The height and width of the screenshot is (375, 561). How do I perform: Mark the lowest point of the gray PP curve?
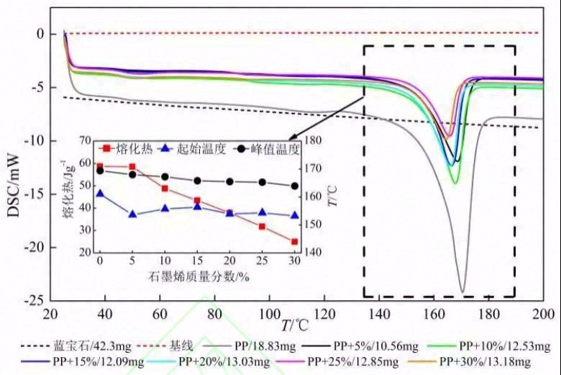pos(462,292)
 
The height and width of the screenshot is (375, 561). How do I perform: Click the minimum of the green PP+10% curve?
pos(455,183)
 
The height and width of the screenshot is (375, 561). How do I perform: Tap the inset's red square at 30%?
pos(294,242)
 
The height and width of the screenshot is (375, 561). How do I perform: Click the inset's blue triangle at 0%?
pos(100,194)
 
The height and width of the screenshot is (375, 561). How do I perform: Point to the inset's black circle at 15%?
pos(197,181)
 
